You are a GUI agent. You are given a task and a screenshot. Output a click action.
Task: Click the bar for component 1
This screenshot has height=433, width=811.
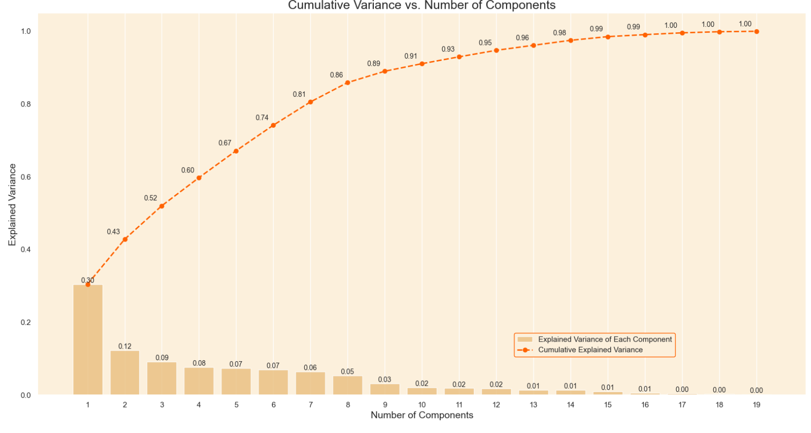87,340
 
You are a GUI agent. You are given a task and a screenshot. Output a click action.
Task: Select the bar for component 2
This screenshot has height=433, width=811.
125,372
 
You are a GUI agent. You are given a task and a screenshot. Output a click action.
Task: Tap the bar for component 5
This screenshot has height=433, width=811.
236,381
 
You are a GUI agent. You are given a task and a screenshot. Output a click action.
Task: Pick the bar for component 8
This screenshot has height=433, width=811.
347,385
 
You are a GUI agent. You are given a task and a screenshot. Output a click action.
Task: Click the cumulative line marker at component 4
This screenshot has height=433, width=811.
199,178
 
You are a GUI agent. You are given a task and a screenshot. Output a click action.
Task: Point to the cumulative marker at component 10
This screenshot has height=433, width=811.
422,64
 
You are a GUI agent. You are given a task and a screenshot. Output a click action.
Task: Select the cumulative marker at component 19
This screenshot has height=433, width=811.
756,32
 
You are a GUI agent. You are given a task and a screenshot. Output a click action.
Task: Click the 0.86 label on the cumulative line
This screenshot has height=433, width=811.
336,75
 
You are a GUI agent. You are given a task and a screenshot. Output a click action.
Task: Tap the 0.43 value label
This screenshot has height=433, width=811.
113,232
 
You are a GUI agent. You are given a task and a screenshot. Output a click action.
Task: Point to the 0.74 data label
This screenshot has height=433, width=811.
262,118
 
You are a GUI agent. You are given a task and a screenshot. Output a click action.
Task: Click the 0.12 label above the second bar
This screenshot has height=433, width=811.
125,346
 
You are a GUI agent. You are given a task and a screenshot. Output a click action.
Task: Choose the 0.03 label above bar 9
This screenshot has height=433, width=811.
384,379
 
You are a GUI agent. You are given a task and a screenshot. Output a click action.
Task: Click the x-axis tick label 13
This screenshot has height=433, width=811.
533,405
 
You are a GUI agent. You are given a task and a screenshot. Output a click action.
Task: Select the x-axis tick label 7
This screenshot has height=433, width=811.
310,405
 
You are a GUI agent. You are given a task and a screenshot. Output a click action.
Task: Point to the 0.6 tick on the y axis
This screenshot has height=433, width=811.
25,177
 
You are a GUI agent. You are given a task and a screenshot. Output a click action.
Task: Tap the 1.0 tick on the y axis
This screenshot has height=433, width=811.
25,31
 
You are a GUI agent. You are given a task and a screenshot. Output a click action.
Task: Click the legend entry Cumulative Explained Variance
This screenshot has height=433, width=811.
590,350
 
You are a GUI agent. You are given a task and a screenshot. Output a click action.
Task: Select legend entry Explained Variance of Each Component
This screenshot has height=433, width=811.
605,339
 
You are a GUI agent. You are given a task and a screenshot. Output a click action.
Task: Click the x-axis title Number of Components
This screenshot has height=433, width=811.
422,415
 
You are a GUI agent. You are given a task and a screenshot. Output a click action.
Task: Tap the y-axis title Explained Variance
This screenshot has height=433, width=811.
12,204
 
